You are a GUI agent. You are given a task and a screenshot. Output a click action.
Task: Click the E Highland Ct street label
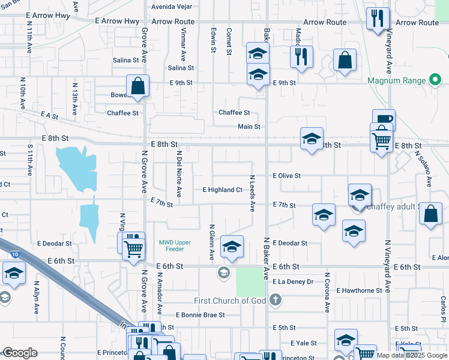coord(222,190)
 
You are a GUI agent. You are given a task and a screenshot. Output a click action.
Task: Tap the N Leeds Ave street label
coord(253,193)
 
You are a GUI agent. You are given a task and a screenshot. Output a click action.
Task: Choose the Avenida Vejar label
coord(171,7)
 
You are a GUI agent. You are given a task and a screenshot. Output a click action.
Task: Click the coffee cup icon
coord(384,118)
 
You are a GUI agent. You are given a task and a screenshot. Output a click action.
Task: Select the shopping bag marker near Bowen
coord(138,86)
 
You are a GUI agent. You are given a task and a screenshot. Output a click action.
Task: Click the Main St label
coord(249,127)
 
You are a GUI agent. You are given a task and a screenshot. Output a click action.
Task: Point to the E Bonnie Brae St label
coord(200,314)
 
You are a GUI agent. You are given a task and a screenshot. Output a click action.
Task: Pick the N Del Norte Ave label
coord(179,173)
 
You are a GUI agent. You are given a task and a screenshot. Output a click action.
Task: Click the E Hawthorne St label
coord(359,290)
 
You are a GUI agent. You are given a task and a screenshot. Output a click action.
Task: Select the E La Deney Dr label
coord(293,281)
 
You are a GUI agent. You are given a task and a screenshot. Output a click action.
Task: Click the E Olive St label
coord(286,176)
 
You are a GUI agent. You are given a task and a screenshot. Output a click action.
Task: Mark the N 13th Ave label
coord(75,99)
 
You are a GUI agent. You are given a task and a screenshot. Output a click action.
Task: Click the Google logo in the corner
coord(20,353)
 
